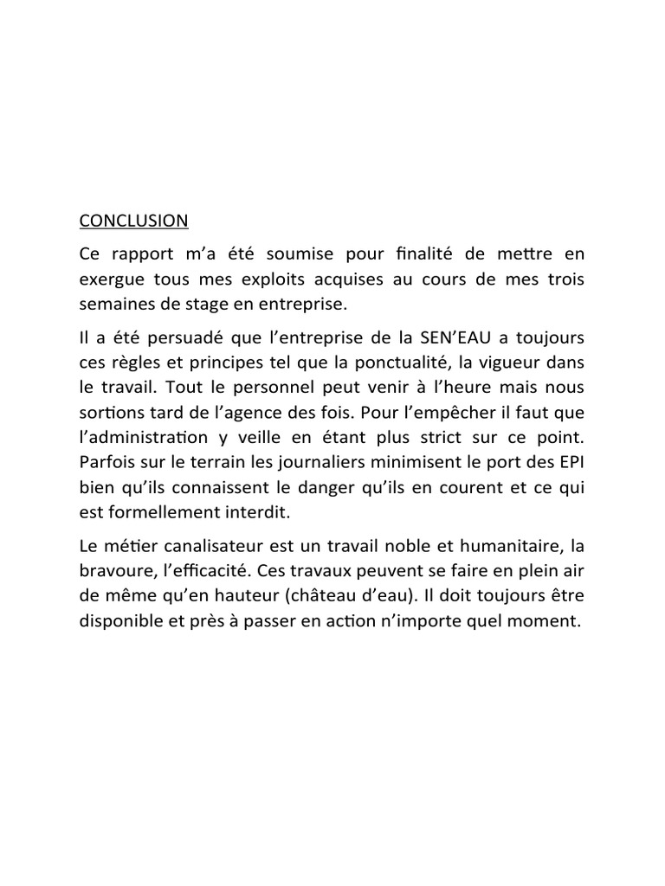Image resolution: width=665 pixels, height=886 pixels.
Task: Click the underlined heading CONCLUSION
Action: (133, 221)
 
